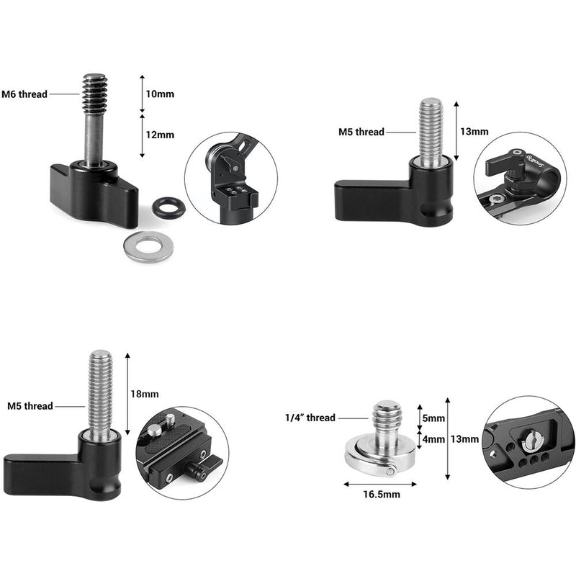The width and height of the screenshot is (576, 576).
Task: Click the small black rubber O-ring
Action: coord(168,209)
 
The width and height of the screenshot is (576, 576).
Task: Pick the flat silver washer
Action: coord(148,248)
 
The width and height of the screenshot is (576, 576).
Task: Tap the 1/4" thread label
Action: coord(310,418)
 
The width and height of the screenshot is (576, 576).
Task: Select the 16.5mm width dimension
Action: coord(382,495)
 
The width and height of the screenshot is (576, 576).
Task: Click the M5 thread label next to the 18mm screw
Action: coord(30,406)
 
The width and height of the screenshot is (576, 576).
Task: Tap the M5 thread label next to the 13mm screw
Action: coord(361,132)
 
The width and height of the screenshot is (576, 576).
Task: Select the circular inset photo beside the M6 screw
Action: coord(230,178)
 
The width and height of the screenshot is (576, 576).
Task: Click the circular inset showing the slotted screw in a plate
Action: coord(528,443)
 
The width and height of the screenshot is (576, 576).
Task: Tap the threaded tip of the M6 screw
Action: coord(94,92)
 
